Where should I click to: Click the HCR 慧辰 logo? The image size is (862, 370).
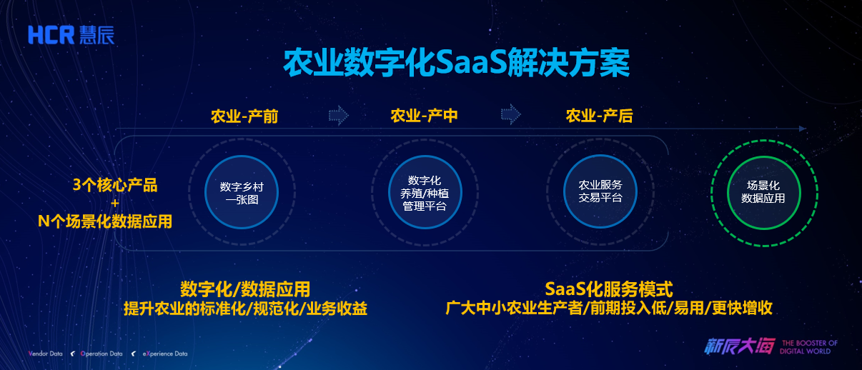pyautogui.click(x=71, y=35)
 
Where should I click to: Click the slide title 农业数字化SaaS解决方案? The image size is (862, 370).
pyautogui.click(x=457, y=63)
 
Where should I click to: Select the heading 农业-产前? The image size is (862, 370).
pyautogui.click(x=244, y=116)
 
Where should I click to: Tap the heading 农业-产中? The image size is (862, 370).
pyautogui.click(x=424, y=116)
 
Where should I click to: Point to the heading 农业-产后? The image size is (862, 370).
pyautogui.click(x=599, y=116)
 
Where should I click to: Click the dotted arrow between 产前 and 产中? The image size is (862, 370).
pyautogui.click(x=339, y=115)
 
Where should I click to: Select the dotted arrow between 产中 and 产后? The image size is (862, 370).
pyautogui.click(x=510, y=114)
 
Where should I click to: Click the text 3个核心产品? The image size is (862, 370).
pyautogui.click(x=115, y=186)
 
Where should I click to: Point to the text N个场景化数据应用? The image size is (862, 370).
pyautogui.click(x=104, y=221)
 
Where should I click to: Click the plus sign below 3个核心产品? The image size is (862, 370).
pyautogui.click(x=114, y=204)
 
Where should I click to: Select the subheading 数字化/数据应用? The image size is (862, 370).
pyautogui.click(x=245, y=289)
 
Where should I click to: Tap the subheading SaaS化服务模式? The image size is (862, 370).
pyautogui.click(x=609, y=289)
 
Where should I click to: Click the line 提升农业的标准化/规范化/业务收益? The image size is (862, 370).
pyautogui.click(x=245, y=309)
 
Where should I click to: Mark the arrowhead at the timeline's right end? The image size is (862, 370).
pyautogui.click(x=803, y=129)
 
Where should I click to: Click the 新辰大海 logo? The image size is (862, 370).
pyautogui.click(x=740, y=346)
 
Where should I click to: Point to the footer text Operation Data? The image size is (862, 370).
pyautogui.click(x=101, y=354)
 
